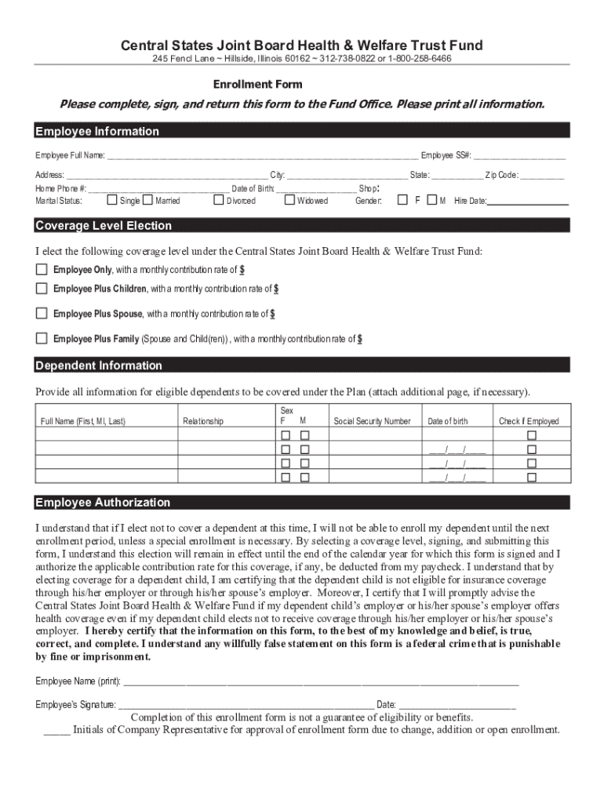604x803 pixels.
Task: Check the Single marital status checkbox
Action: pos(112,201)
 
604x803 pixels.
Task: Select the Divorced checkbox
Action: pos(219,201)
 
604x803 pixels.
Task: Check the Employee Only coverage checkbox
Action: pos(42,270)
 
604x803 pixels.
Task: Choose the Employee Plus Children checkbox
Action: pos(42,289)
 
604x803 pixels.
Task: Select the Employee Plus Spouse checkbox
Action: pos(42,314)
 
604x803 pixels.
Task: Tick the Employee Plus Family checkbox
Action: pos(42,339)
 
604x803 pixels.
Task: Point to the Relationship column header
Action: pos(203,421)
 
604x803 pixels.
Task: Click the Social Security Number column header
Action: pos(372,421)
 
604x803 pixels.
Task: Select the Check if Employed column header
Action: pos(529,421)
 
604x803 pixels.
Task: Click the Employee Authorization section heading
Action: pos(103,503)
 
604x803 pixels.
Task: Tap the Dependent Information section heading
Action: pos(99,365)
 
